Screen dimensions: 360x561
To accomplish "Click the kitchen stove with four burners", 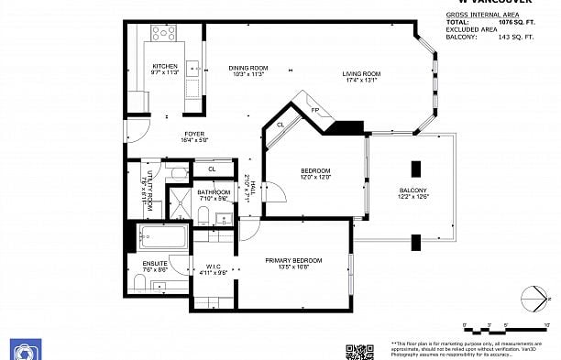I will pos(164,34).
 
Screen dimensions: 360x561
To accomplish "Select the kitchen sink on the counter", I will pos(193,67).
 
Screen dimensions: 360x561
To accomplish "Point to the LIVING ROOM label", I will pos(362,76).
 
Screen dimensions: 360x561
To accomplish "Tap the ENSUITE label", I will pos(155,267).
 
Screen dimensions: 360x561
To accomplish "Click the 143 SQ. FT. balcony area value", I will pos(512,38).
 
